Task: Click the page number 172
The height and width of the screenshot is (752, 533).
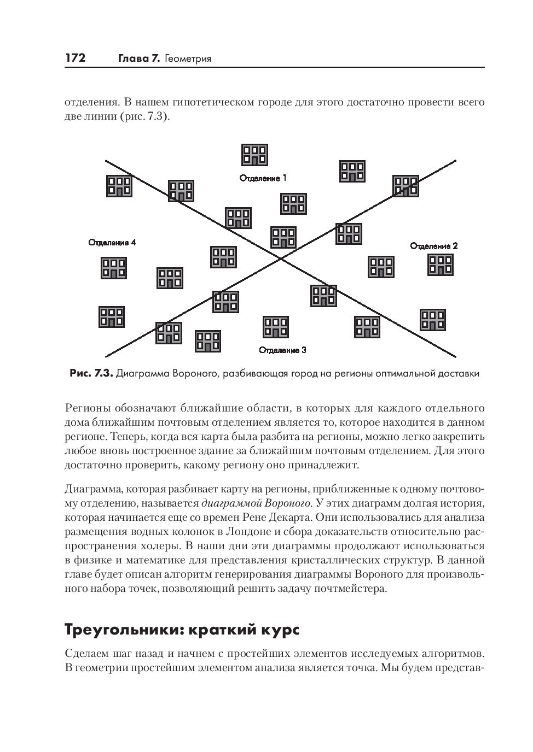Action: click(x=76, y=58)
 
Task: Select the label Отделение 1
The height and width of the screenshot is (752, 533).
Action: click(x=263, y=178)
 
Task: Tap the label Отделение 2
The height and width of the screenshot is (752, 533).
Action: click(x=434, y=246)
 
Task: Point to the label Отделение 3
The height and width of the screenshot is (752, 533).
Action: click(x=282, y=350)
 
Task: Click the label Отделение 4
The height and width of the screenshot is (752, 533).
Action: click(x=112, y=243)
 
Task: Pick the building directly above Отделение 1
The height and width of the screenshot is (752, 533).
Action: click(x=255, y=155)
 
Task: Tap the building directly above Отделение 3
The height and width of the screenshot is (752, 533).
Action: click(x=276, y=327)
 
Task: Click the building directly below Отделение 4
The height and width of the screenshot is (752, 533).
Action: click(x=114, y=268)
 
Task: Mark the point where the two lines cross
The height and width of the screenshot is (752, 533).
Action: click(x=281, y=258)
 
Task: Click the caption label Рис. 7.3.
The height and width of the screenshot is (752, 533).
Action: click(x=91, y=374)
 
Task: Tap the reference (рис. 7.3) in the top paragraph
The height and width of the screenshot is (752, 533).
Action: click(x=144, y=116)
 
